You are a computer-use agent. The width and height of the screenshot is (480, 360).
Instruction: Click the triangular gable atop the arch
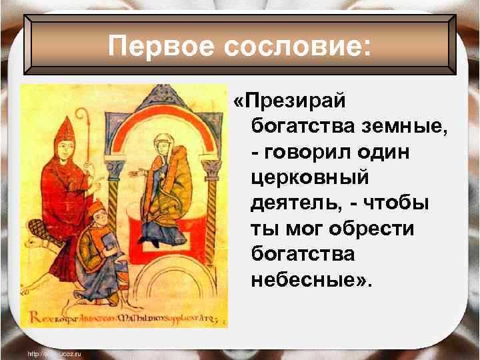tap(163, 97)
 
